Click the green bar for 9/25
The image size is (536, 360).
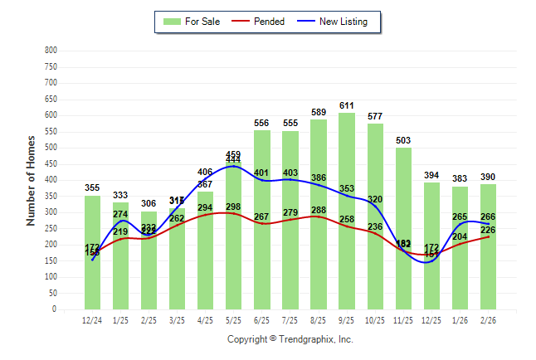[347, 249]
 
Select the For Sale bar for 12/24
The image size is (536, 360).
[92, 265]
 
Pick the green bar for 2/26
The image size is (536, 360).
[488, 274]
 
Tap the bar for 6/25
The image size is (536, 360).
[262, 265]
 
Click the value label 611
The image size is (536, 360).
[347, 106]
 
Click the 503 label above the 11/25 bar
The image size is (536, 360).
[403, 141]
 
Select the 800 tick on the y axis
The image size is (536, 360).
[51, 51]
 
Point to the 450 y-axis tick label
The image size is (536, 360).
[51, 163]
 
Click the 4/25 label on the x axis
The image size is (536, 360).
[205, 320]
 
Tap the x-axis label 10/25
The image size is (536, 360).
[375, 320]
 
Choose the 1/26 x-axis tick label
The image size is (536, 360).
[460, 320]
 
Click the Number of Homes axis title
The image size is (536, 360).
[31, 179]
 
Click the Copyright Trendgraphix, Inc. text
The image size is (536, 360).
[290, 339]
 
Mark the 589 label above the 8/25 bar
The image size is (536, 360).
[319, 113]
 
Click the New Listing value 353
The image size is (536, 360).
[347, 189]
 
